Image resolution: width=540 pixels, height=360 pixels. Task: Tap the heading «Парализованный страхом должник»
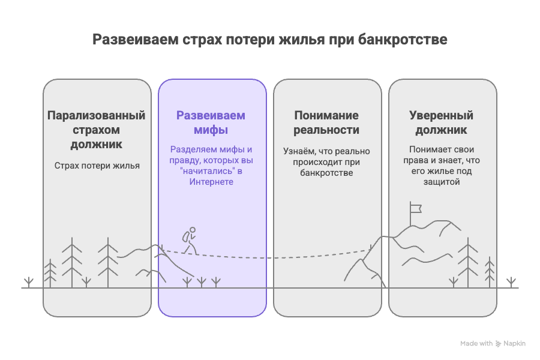[x=97, y=130]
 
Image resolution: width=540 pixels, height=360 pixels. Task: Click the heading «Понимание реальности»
[x=326, y=122]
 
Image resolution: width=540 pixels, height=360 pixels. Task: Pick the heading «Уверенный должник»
[x=442, y=122]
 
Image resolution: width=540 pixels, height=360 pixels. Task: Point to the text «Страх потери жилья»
[x=97, y=166]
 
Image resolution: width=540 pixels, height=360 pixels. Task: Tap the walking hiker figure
[x=190, y=240]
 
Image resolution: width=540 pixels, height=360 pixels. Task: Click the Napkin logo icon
[x=499, y=344]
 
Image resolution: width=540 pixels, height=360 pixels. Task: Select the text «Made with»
[x=476, y=344]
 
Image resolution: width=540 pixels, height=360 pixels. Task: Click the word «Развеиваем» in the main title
[x=135, y=40]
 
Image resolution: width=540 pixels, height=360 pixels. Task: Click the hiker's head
[x=192, y=230]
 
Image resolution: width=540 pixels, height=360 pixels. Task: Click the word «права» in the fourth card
[x=422, y=161]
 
